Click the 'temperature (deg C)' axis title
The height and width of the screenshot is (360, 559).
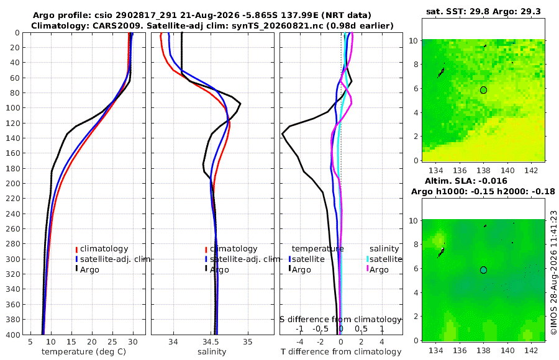click(84, 352)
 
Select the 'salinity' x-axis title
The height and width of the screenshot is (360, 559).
click(212, 352)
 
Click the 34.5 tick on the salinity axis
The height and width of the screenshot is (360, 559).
click(211, 342)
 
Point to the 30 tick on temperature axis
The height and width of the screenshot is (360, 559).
click(133, 342)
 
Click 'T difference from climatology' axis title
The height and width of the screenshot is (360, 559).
click(341, 352)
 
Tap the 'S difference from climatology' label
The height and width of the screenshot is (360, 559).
click(340, 320)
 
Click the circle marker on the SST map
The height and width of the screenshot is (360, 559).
click(483, 90)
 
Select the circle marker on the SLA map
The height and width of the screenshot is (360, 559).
click(483, 270)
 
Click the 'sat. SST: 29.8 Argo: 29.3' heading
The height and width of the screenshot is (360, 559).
click(483, 12)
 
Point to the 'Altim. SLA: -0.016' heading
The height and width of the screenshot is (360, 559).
click(466, 181)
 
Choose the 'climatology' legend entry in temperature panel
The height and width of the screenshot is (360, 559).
click(102, 249)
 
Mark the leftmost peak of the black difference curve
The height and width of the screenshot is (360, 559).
click(283, 133)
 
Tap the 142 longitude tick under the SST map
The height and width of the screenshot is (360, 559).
click(531, 170)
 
